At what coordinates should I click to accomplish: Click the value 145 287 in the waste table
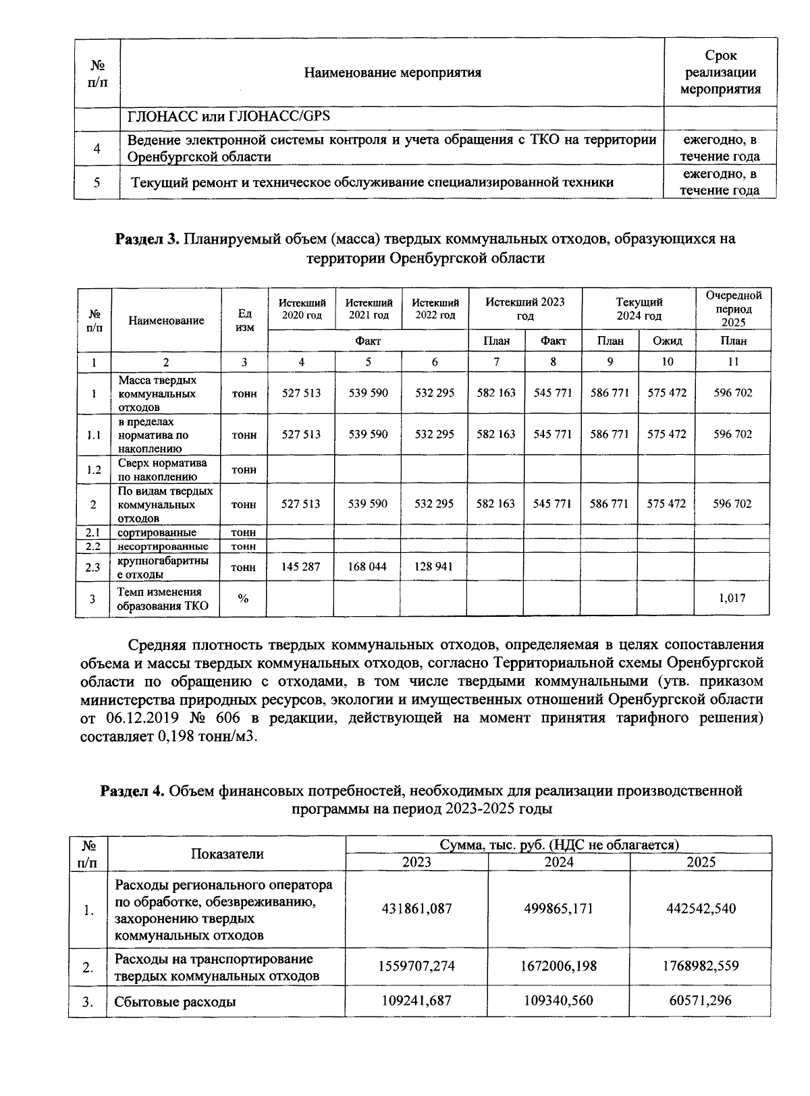point(301,567)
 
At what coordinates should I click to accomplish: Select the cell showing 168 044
point(368,567)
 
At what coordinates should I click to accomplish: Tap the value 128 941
point(434,567)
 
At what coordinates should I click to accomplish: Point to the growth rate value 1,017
point(733,598)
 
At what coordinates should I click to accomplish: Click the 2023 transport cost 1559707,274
point(416,966)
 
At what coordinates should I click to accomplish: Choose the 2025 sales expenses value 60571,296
point(701,1000)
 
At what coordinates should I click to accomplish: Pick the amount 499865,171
point(559,908)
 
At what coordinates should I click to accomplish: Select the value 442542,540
point(701,908)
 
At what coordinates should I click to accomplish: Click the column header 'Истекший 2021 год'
point(369,309)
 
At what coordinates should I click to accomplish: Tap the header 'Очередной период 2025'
point(734,309)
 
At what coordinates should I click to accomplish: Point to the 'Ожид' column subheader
point(667,341)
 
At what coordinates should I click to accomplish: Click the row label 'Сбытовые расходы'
point(175,1002)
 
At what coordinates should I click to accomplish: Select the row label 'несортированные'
point(163,546)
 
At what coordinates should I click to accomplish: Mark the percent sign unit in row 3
point(244,598)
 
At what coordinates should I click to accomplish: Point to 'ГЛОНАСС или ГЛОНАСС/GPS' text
point(229,116)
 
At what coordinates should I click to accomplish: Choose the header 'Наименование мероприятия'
point(392,72)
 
